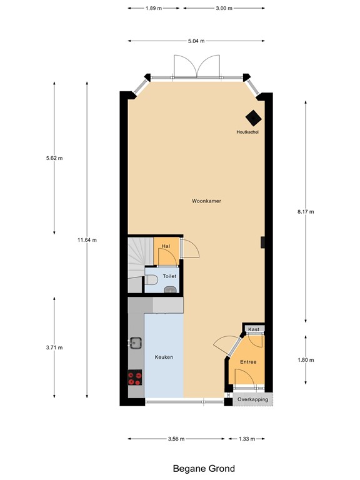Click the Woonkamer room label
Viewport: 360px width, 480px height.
point(207,201)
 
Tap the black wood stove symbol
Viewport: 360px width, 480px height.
point(253,118)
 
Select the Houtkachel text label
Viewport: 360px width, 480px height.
point(247,132)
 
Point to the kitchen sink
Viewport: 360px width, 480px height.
point(135,342)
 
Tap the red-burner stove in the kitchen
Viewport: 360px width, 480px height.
point(136,377)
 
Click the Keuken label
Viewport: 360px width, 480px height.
point(164,357)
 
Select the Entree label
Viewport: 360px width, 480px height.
point(249,362)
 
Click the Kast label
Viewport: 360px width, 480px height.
point(254,329)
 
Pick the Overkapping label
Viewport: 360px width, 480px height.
point(253,399)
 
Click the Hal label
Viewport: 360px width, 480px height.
point(166,246)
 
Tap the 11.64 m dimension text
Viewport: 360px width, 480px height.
point(87,240)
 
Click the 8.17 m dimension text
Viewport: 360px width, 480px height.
point(305,212)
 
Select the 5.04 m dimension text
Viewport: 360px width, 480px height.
point(197,41)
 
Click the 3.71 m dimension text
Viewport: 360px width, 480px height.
point(54,347)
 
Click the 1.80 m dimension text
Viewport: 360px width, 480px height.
point(305,360)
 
